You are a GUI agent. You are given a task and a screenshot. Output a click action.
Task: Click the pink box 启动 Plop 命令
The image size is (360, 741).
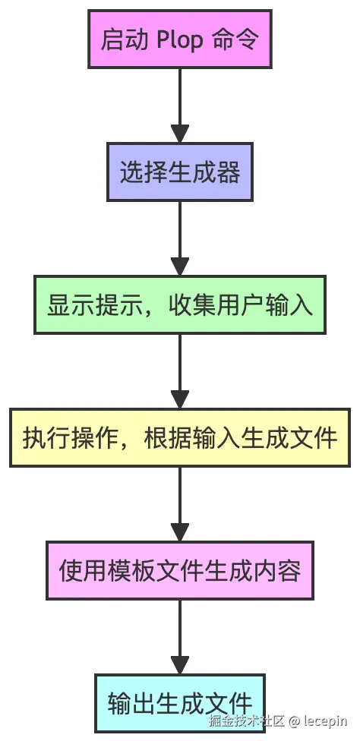coord(179,39)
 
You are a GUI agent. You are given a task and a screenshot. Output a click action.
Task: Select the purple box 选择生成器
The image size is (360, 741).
coord(179,172)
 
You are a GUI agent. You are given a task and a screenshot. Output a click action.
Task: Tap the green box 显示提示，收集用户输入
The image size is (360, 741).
coord(179,304)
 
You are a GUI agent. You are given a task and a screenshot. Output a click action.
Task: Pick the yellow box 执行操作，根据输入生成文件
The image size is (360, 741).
coord(179,437)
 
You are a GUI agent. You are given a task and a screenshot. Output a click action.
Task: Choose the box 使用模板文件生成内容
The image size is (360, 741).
coord(179,570)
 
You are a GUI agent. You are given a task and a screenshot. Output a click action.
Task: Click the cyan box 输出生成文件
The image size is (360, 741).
coord(179,702)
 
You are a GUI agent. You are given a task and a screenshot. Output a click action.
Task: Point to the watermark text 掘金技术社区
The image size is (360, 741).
coord(246,721)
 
